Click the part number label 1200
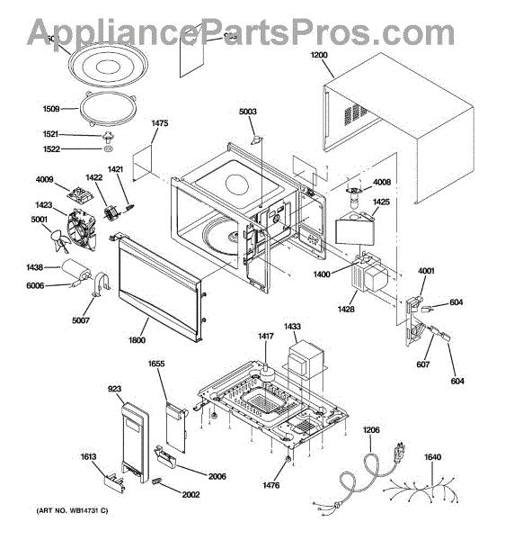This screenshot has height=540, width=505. click(x=320, y=54)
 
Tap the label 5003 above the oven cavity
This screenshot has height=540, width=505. click(x=248, y=112)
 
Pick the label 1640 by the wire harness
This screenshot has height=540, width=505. click(x=432, y=457)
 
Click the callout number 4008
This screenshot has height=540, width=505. click(x=381, y=184)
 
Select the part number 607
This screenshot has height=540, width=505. click(x=422, y=364)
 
